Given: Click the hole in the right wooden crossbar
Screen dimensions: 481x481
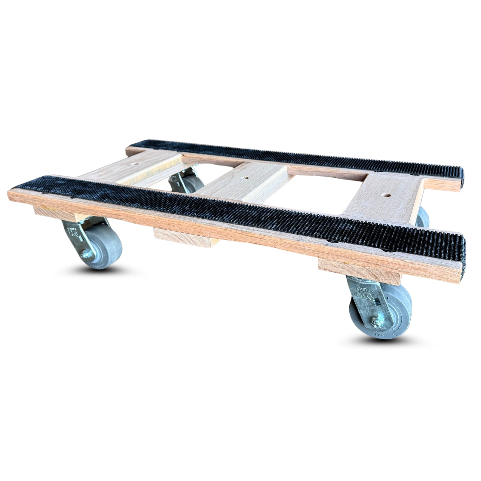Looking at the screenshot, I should tap(384, 195).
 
